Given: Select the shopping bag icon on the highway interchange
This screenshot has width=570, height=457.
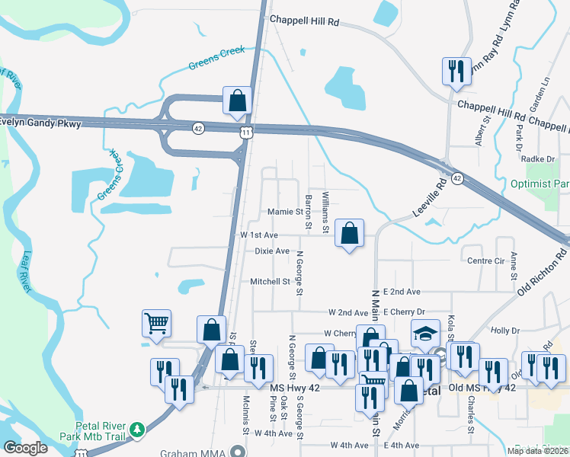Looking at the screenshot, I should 237,101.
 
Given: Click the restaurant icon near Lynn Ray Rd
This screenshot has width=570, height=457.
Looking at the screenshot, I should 455,72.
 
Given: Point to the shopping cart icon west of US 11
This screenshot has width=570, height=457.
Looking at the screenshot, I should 156,324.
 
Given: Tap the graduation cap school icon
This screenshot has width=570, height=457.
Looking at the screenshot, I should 425,332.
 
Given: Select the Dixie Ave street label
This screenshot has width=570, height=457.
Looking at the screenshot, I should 272,251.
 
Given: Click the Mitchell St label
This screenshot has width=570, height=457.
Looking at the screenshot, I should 271,281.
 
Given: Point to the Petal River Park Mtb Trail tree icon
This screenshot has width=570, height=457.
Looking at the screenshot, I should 137,430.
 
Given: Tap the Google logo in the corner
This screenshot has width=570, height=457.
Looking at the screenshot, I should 25,448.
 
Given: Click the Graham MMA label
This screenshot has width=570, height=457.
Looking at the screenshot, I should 190,452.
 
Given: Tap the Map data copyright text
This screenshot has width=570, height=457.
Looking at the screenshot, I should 537,451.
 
